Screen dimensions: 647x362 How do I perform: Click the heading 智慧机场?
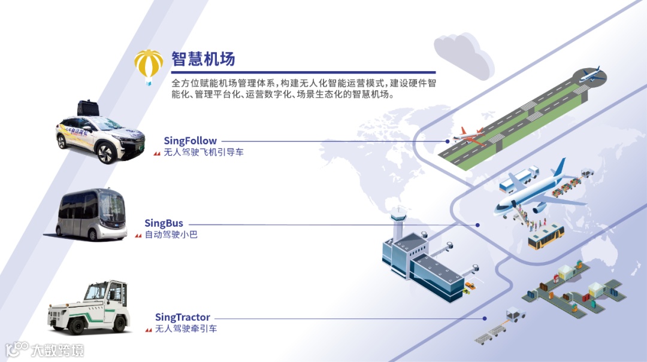pos(203,59)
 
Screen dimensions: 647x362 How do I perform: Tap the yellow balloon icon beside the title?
pos(149,65)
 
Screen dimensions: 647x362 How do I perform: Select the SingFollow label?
pos(190,141)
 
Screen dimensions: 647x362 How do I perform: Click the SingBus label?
pos(164,224)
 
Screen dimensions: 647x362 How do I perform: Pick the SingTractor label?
pos(183,317)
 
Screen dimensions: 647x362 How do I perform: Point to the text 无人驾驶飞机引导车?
pos(203,153)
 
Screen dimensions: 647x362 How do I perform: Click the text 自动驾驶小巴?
pos(171,235)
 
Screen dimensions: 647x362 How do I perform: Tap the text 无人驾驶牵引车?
pos(186,328)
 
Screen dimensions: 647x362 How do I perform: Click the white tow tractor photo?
pos(89,308)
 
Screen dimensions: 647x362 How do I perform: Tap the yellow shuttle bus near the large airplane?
pos(545,236)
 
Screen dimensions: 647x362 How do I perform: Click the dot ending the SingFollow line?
pos(448,141)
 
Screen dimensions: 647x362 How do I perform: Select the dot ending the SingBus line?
pos(477,225)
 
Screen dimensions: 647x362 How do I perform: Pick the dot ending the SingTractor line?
pos(486,318)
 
